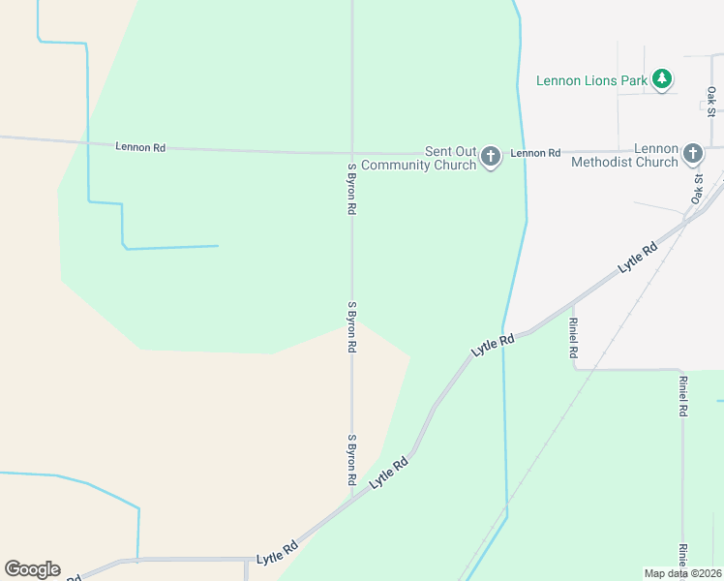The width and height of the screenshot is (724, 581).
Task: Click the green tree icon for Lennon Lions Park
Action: (x=661, y=78)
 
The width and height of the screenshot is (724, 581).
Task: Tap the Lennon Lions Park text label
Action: (x=591, y=80)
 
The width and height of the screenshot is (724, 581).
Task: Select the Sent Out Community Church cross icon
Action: (x=491, y=156)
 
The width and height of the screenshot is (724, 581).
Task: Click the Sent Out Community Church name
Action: (x=451, y=159)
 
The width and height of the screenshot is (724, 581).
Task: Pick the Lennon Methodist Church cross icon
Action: (x=693, y=153)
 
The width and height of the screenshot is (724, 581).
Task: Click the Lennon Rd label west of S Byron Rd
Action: (x=140, y=147)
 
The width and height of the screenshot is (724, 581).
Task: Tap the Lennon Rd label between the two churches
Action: (x=535, y=153)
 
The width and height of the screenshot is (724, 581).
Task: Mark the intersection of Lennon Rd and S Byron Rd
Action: (x=351, y=153)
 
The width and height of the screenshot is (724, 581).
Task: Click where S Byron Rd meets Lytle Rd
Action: (x=351, y=497)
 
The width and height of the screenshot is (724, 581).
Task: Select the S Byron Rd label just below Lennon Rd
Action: (x=352, y=188)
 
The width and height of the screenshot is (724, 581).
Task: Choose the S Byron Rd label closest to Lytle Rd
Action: (x=352, y=460)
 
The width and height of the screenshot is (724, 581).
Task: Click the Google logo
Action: (x=32, y=569)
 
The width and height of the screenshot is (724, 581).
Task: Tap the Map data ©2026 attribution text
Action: (x=682, y=573)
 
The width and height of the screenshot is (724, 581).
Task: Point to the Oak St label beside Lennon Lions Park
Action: (x=711, y=98)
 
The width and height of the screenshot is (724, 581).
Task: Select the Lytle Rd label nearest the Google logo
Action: (x=277, y=553)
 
